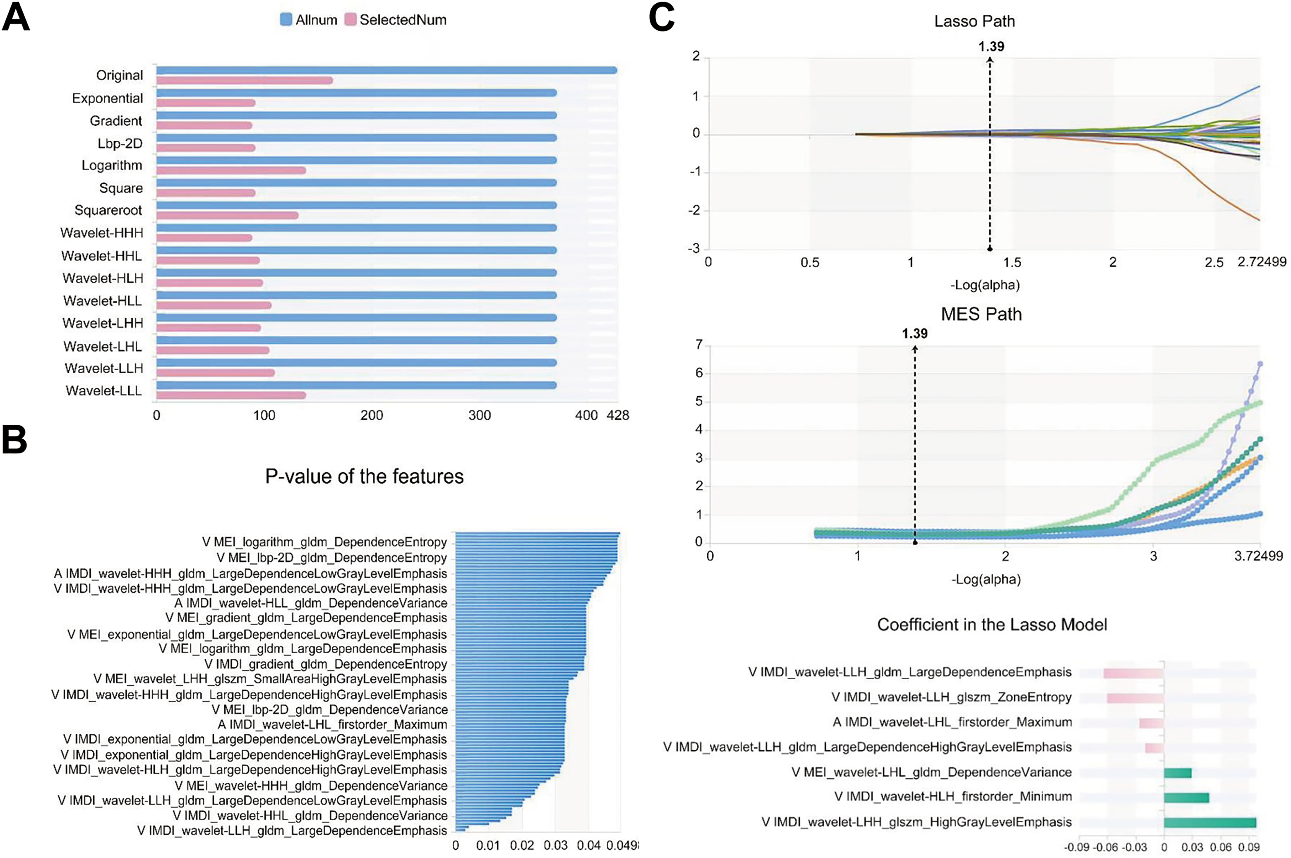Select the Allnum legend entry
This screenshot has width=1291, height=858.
(309, 20)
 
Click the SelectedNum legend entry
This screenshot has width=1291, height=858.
(396, 20)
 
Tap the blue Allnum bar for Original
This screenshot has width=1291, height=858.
(386, 70)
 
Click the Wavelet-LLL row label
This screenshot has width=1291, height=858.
(103, 391)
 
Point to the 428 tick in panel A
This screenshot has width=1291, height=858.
(618, 415)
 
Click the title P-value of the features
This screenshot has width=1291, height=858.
(365, 476)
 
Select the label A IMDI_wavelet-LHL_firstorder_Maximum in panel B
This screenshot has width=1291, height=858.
(332, 724)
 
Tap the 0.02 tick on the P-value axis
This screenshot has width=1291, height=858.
(522, 846)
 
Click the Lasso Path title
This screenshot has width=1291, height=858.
(974, 22)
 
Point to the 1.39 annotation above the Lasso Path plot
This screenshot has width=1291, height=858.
(991, 46)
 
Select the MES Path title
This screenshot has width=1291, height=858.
(981, 314)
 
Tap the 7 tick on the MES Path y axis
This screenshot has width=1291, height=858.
(699, 345)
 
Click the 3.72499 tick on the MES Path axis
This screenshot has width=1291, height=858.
(1259, 556)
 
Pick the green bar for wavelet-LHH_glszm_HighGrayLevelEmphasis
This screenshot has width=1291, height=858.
(1210, 822)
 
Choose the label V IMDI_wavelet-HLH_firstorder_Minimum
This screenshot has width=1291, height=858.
(953, 797)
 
